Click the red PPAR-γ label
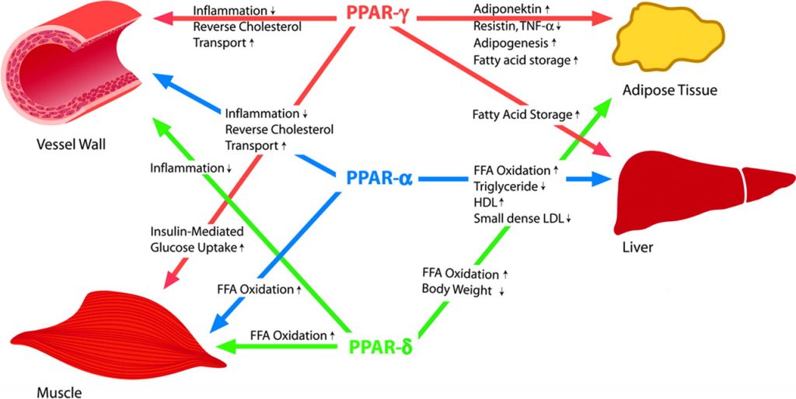(x=378, y=13)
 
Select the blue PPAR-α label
(x=378, y=178)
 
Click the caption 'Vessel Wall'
(x=71, y=144)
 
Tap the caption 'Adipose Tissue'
(x=669, y=91)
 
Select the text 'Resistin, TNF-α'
(x=518, y=27)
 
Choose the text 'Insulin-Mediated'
(x=197, y=231)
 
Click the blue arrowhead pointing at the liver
(x=599, y=179)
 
